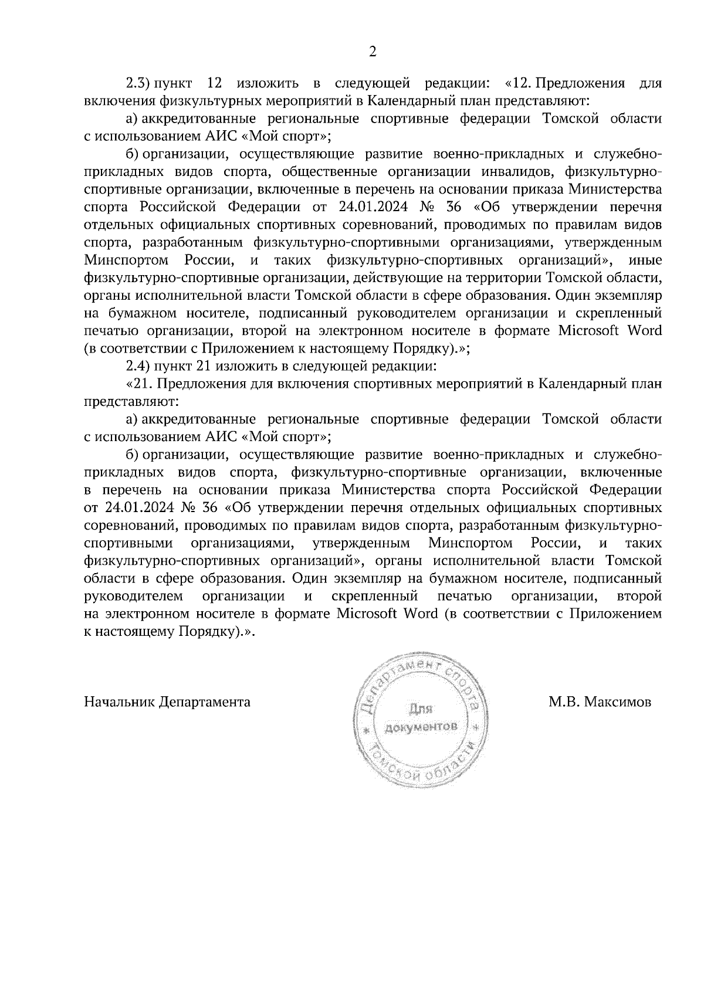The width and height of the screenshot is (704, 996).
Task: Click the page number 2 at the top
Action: pyautogui.click(x=371, y=52)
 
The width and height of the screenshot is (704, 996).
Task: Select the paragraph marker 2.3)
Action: pyautogui.click(x=139, y=83)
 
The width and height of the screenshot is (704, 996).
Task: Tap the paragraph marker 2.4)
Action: pyautogui.click(x=139, y=367)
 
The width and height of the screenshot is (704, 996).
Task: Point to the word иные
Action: pyautogui.click(x=645, y=260)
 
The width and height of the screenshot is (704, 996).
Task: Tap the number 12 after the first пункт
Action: pyautogui.click(x=214, y=83)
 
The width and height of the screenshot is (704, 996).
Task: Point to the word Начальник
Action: pyautogui.click(x=120, y=702)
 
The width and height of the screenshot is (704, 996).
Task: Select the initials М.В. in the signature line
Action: pyautogui.click(x=564, y=702)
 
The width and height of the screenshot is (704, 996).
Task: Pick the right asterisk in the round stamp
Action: pyautogui.click(x=476, y=728)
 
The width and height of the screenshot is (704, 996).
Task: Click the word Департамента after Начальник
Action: pyautogui.click(x=205, y=702)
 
